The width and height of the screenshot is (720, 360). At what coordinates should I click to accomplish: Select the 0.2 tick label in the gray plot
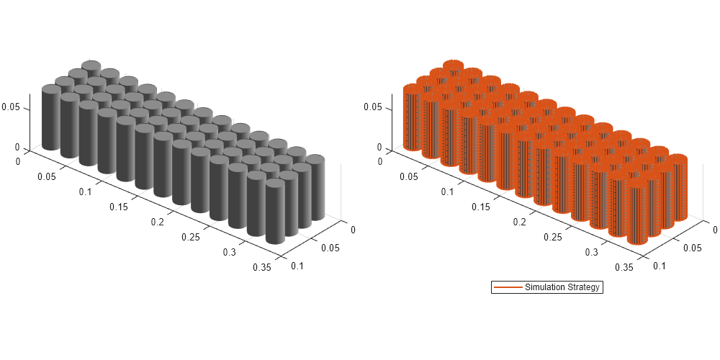[x=156, y=222]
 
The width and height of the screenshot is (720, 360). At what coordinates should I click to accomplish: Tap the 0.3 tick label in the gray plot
[x=230, y=252]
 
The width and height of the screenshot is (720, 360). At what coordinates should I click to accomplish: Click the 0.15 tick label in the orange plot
[x=480, y=207]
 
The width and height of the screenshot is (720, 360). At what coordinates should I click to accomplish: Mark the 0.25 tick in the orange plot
[x=552, y=237]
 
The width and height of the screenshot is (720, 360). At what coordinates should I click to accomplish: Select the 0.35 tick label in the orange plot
[x=624, y=267]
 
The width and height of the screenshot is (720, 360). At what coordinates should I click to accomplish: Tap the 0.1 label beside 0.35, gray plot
[x=296, y=266]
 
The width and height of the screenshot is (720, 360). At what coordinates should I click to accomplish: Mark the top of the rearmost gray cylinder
[x=91, y=66]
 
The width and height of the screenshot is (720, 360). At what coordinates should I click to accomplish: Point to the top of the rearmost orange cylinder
[x=452, y=66]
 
